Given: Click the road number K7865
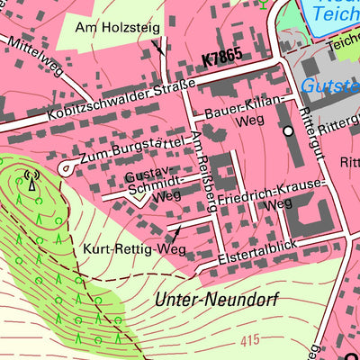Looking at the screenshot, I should click(x=223, y=58).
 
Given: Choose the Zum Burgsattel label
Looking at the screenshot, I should click(x=132, y=151).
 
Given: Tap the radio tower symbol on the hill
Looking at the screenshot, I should click(x=32, y=183).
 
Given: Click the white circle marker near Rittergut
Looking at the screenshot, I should click(x=288, y=130).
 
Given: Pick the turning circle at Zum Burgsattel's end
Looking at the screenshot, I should click(x=66, y=168).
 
